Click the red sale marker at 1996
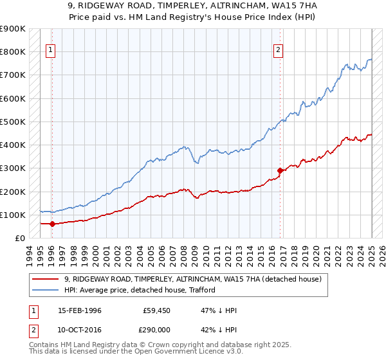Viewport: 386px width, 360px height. point(51,224)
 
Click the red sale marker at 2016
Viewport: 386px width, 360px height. point(280,170)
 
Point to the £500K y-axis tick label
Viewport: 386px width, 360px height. point(13,122)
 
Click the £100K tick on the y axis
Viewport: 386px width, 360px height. point(13,215)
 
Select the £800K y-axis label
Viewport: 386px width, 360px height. point(13,51)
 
